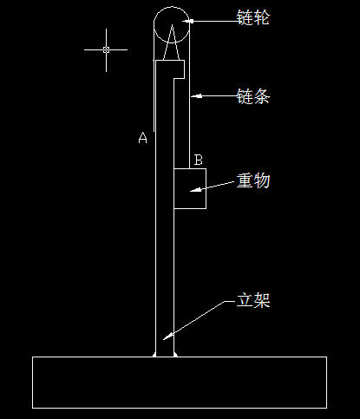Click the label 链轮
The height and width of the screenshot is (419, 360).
[x=253, y=17]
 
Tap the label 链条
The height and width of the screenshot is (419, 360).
[x=253, y=96]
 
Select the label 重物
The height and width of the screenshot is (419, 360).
[x=253, y=180]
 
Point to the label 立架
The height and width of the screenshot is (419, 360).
[x=253, y=300]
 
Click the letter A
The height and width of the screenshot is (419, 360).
[x=142, y=138]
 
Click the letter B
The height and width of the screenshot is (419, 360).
[x=198, y=160]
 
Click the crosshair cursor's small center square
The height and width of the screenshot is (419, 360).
[x=106, y=49]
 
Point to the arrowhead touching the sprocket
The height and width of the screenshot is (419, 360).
[x=187, y=21]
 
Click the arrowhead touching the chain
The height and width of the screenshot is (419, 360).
[x=197, y=96]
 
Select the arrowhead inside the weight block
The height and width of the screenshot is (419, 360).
[x=196, y=190]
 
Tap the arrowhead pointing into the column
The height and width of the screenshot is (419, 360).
[x=168, y=336]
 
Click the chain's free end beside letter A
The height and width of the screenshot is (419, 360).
[x=154, y=132]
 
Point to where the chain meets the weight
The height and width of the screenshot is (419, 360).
[x=190, y=168]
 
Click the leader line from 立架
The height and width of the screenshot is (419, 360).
[x=199, y=318]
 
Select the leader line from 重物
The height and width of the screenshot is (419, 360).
[x=213, y=187]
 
